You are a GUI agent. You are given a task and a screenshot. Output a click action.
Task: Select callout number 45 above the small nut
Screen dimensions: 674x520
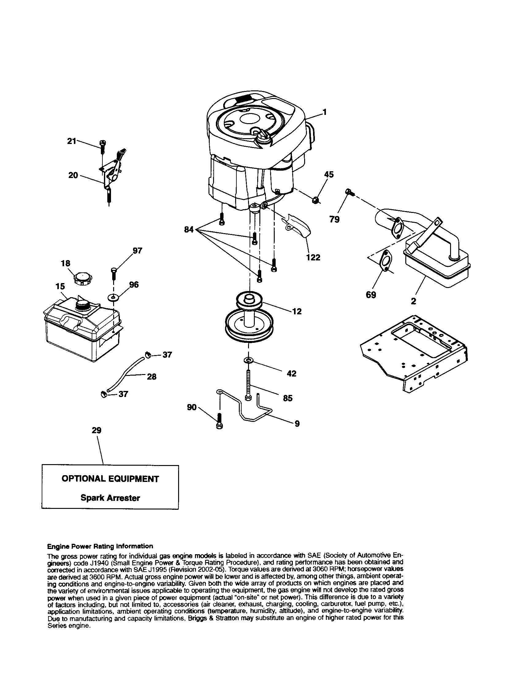tap(329, 175)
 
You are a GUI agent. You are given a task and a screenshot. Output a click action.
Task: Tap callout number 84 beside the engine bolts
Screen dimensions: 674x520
tap(189, 229)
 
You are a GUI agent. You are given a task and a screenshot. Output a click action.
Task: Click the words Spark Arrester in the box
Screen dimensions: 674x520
tap(110, 498)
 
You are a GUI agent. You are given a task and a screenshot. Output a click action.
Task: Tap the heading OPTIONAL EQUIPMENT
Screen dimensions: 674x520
tap(110, 479)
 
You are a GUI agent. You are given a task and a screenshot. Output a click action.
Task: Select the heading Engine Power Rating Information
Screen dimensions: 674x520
tap(100, 546)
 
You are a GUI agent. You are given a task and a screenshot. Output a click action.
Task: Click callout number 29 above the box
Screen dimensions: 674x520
tap(97, 430)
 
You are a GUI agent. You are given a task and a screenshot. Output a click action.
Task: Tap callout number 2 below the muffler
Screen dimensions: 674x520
tap(414, 301)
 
